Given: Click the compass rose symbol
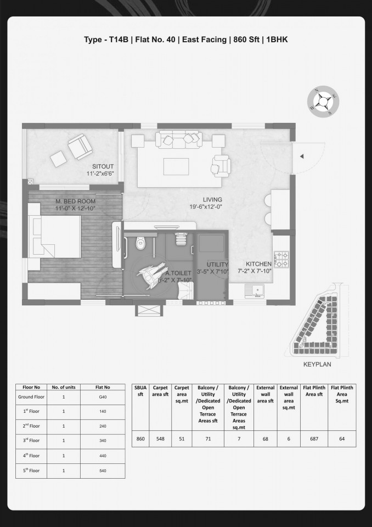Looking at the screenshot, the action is [x=323, y=101].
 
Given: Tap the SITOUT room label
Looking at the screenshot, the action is [x=103, y=166].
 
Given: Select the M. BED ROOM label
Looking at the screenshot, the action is [x=75, y=201].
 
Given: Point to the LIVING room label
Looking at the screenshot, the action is [x=212, y=200].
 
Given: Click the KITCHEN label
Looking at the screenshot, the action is [x=258, y=264].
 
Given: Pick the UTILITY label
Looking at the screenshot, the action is [x=217, y=264].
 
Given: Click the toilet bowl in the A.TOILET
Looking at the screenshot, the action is [x=140, y=243].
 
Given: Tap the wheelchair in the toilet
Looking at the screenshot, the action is [x=152, y=273].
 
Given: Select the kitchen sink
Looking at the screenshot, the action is [x=255, y=291].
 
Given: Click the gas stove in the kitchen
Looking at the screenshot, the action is [x=281, y=259].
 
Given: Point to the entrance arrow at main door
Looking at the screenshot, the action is [x=302, y=156].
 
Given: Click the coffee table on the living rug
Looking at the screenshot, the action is [x=176, y=167].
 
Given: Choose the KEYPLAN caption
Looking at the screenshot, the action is [x=317, y=365].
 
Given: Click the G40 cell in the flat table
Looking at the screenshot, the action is [x=103, y=397].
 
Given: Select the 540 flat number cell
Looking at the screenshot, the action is [x=103, y=471].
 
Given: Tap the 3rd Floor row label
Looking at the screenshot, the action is [x=31, y=440].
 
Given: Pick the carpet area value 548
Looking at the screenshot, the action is [x=160, y=439].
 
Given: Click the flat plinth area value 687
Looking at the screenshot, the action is [x=314, y=439].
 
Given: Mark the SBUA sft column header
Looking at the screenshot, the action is [x=140, y=391].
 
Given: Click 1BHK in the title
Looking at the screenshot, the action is [x=277, y=40].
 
